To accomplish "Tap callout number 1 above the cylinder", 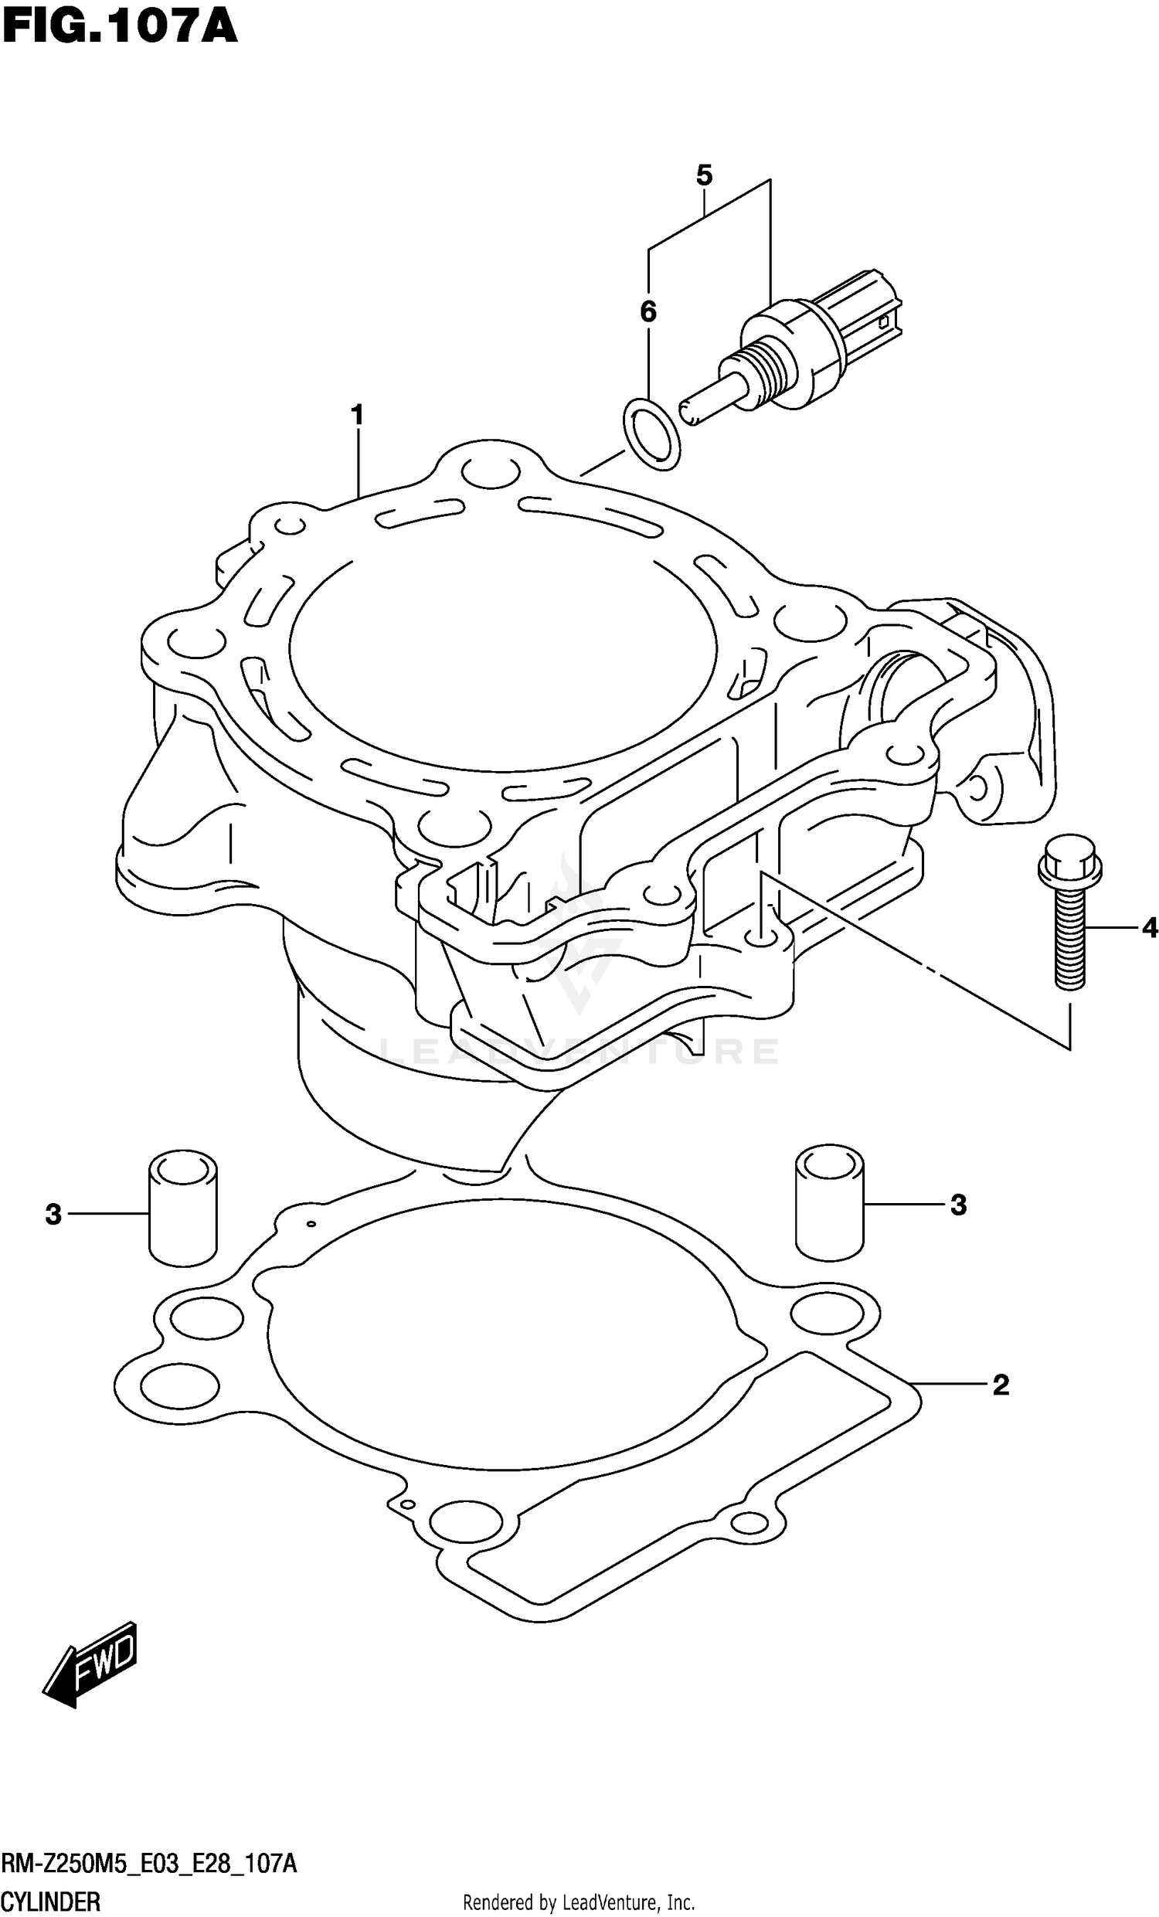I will pos(357,416).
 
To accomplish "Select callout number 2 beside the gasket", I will pos(1001,1384).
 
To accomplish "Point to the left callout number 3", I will pos(53,1214).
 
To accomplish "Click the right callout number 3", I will pos(958,1205).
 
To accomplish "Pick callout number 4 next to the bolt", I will pos(1150,927).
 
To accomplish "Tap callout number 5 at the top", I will pos(704,176).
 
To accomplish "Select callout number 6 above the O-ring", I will pos(648,312).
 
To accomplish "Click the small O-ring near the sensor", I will pos(651,433).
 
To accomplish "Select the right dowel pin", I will pos(829,1202).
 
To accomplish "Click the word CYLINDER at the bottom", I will pos(50,1902).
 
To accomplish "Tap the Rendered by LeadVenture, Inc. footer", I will pos(579,1903).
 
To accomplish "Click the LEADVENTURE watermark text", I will pos(579,1051).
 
